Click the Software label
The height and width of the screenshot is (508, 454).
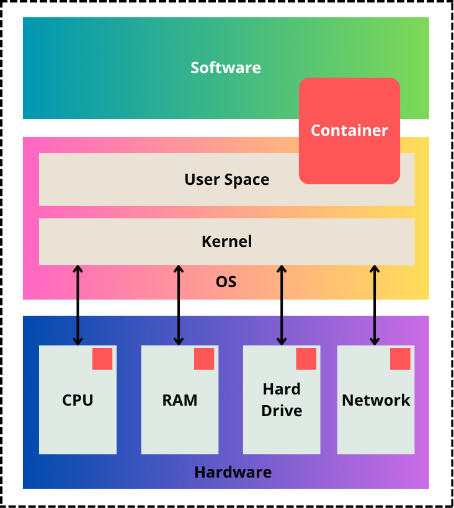click(226, 68)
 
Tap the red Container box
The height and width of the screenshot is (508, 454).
click(349, 131)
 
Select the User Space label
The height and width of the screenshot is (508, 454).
click(227, 180)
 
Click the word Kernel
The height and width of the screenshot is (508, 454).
click(227, 241)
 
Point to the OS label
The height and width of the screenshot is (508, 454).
click(226, 282)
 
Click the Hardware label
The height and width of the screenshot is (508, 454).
click(233, 472)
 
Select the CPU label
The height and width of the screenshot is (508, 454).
click(78, 400)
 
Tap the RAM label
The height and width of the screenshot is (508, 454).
click(180, 400)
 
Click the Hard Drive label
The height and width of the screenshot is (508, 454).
click(282, 400)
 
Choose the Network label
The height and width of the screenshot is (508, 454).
click(376, 400)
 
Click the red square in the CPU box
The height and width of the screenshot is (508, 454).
click(102, 359)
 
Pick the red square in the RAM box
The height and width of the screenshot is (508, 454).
click(204, 359)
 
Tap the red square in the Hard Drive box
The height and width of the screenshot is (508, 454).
click(306, 359)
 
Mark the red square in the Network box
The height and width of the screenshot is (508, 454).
click(400, 359)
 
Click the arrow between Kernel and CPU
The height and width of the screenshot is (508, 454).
click(78, 305)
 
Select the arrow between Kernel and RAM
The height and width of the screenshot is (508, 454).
click(179, 305)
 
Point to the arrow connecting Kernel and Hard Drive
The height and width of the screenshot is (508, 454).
click(282, 305)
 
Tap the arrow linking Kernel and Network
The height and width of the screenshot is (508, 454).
click(375, 305)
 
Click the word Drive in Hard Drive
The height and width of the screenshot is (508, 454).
click(282, 411)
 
